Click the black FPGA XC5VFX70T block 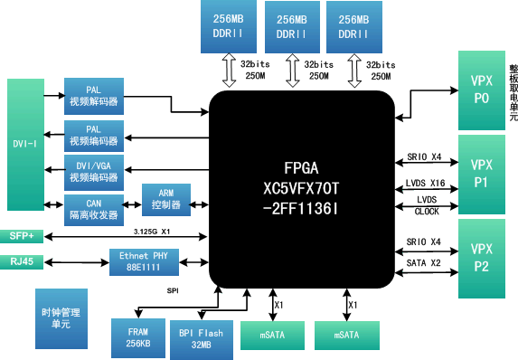tap(301, 186)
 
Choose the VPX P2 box tap(481, 258)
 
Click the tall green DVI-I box tap(24, 144)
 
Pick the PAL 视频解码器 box tap(93, 96)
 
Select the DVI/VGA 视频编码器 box tap(93, 172)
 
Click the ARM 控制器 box tap(166, 200)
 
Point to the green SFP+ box tap(22, 236)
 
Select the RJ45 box tap(22, 262)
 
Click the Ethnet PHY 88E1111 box tap(146, 262)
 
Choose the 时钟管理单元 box tap(61, 317)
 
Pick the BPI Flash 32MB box tap(201, 338)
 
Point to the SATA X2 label tap(423, 262)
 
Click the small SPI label tap(172, 290)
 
